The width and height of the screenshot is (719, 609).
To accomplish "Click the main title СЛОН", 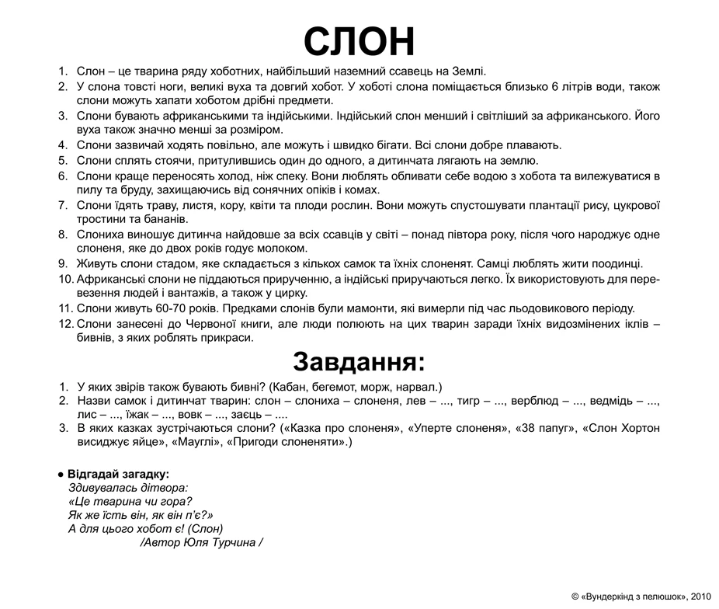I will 359,40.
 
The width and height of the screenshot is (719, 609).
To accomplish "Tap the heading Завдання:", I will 359,362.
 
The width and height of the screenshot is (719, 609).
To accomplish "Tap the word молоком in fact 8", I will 284,249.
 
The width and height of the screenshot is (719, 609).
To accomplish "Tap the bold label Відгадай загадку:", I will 118,474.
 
